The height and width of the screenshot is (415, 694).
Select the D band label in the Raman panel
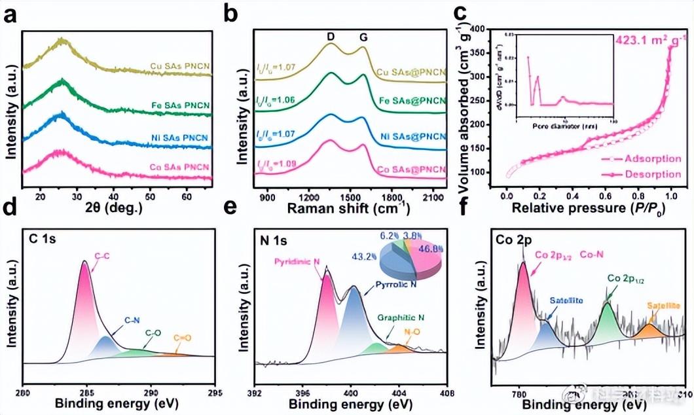[331, 37]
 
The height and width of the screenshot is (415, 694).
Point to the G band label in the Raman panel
[363, 37]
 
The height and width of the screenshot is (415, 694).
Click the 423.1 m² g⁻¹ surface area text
[651, 40]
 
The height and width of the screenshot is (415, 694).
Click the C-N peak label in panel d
[133, 321]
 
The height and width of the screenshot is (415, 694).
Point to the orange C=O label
[182, 338]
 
